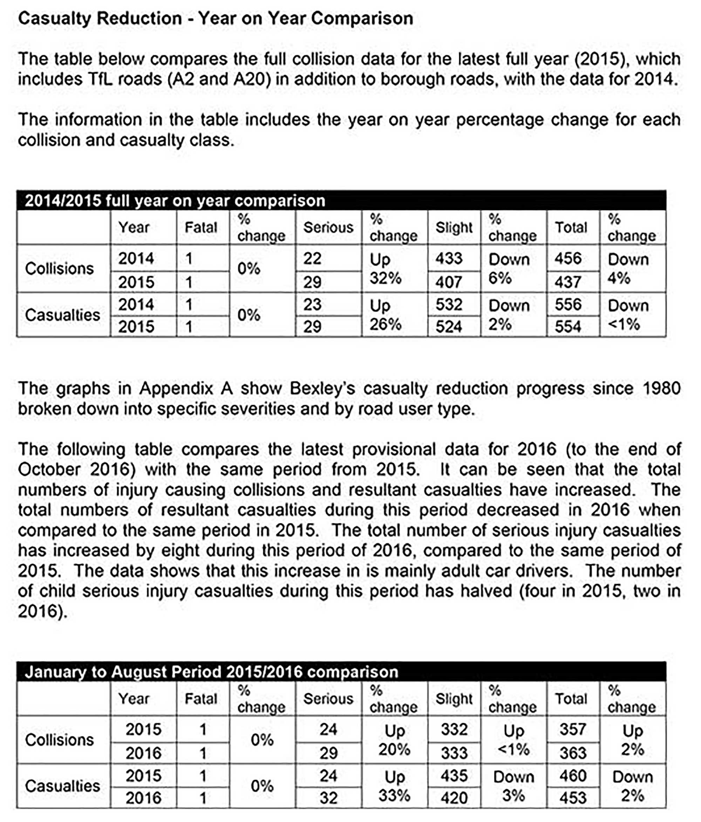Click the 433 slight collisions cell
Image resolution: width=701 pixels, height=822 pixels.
(x=449, y=259)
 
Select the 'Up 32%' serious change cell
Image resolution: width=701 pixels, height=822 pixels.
(x=385, y=269)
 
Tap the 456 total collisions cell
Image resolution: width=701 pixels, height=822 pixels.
(x=568, y=259)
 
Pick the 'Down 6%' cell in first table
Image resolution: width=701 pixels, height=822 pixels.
(x=509, y=269)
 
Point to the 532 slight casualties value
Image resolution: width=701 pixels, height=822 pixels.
(x=449, y=305)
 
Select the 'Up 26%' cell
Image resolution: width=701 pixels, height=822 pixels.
(x=385, y=315)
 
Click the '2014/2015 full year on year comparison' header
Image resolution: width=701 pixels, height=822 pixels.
(x=175, y=201)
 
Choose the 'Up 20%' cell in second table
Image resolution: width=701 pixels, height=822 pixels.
(x=394, y=740)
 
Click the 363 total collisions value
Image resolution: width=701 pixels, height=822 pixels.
(x=572, y=753)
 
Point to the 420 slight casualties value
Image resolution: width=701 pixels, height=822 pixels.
(x=454, y=798)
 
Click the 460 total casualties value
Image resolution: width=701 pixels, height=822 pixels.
(x=572, y=776)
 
